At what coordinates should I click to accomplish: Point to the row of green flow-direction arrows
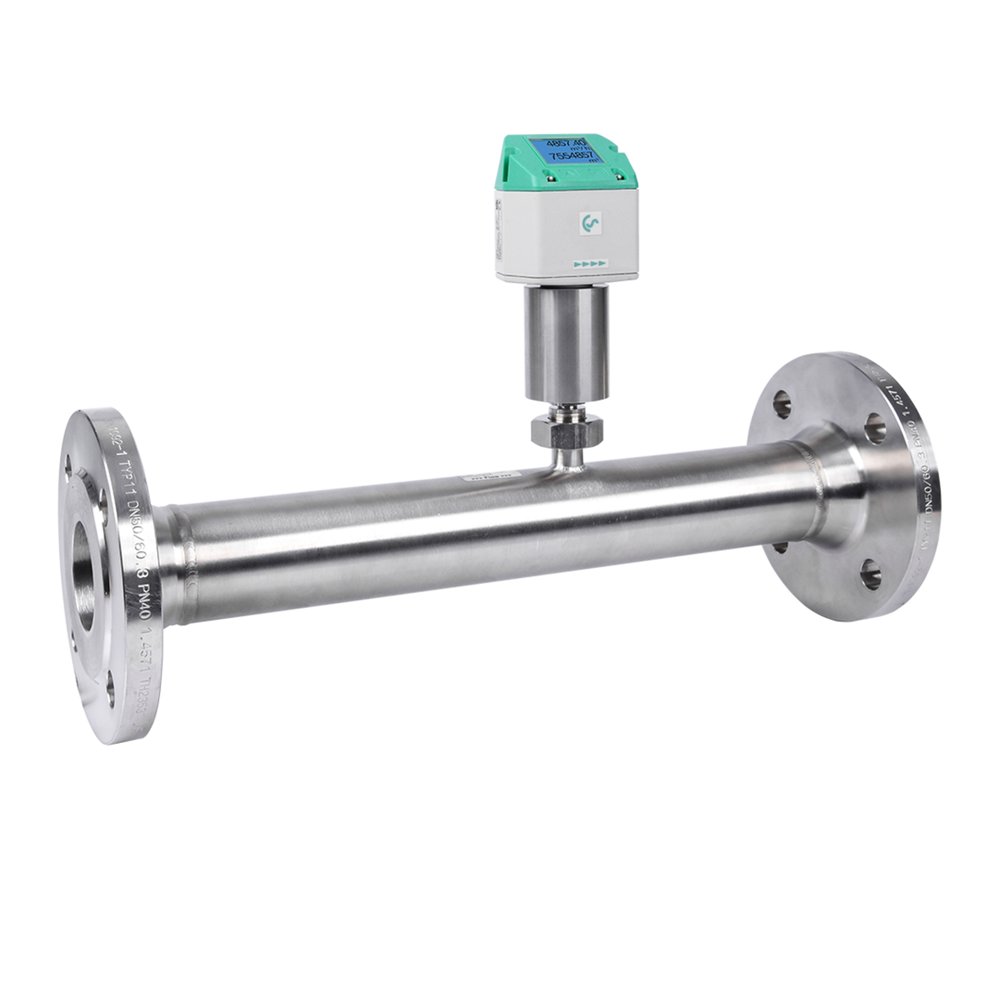pyautogui.click(x=590, y=264)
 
